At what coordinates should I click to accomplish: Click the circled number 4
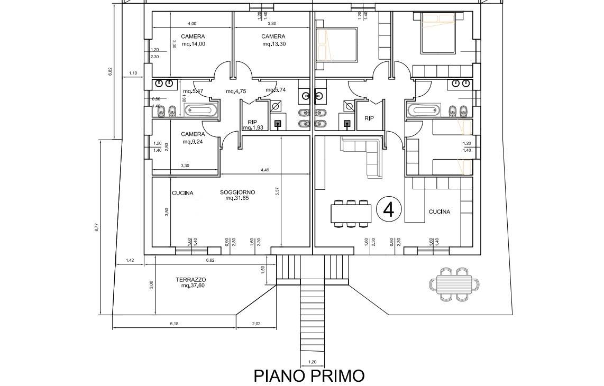[388, 210]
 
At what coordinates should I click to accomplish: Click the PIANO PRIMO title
[309, 376]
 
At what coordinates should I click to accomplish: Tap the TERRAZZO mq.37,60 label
[190, 282]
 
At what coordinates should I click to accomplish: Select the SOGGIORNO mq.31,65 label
[237, 195]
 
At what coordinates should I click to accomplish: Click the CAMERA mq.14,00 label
[193, 40]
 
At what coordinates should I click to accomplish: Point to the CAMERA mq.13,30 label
[273, 40]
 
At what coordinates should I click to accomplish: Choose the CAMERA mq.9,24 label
[193, 138]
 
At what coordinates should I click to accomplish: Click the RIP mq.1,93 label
[252, 125]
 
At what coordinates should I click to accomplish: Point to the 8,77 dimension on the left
[96, 227]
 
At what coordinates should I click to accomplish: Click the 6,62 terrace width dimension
[210, 260]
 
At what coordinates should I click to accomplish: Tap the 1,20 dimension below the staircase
[312, 362]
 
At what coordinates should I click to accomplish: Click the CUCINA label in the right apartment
[439, 212]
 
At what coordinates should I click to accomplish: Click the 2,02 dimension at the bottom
[256, 324]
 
